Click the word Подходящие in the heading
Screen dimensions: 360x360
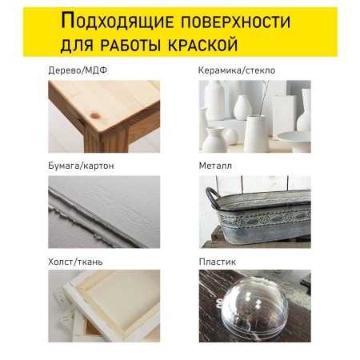tap(118, 21)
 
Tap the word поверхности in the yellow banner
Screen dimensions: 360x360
tap(236, 22)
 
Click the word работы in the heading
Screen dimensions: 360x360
tap(130, 45)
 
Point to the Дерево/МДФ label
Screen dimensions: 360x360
tap(78, 70)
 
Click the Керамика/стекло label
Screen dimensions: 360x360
tap(237, 70)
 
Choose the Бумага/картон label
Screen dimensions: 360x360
tap(81, 166)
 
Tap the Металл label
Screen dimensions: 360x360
tap(215, 166)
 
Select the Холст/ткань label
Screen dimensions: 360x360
tap(75, 262)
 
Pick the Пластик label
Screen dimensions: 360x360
tap(218, 262)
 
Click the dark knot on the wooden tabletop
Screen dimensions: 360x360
tap(94, 115)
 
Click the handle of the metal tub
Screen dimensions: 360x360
tap(213, 197)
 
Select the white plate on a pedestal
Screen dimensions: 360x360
tap(294, 140)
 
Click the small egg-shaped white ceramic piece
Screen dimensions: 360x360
tap(231, 136)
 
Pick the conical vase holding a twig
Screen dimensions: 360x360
tap(256, 134)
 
